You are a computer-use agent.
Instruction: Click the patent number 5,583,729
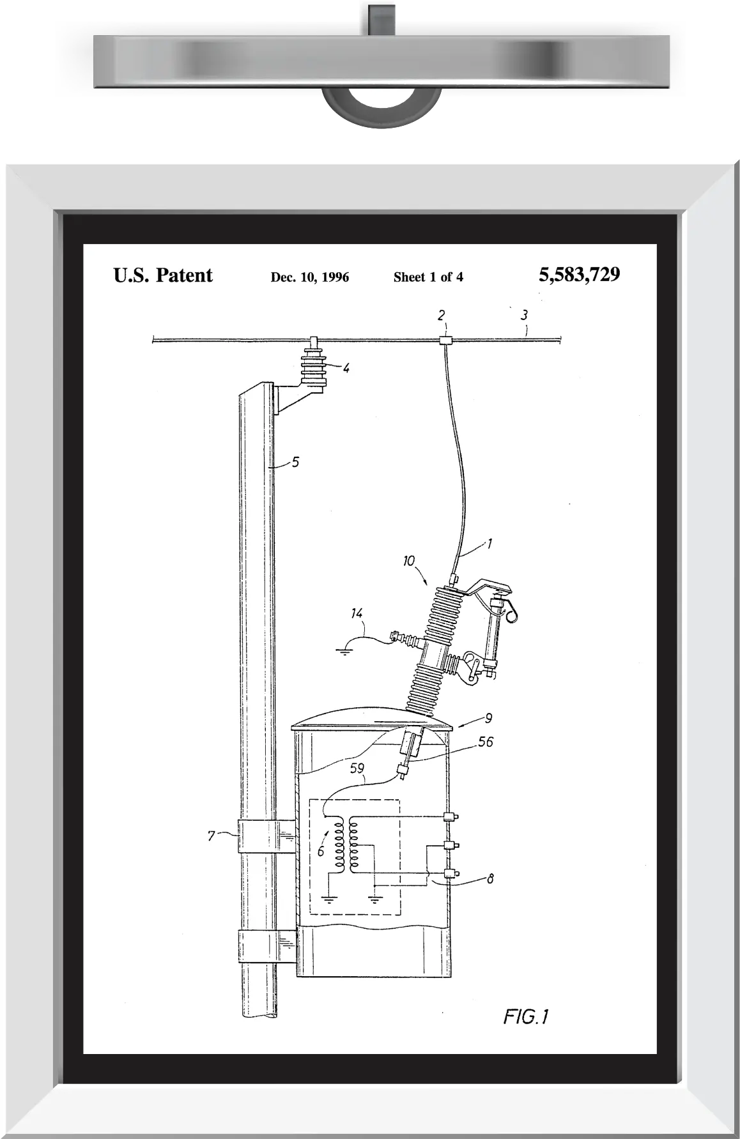579,275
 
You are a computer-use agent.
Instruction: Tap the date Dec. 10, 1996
310,277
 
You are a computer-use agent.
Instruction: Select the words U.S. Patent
163,275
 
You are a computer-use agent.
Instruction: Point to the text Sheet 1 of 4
428,277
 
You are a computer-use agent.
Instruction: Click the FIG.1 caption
526,1016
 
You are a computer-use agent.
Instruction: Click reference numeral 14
357,613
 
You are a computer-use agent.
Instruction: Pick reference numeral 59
357,768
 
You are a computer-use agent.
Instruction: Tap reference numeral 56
486,742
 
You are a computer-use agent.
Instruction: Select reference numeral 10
409,561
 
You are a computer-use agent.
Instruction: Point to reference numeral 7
212,836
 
